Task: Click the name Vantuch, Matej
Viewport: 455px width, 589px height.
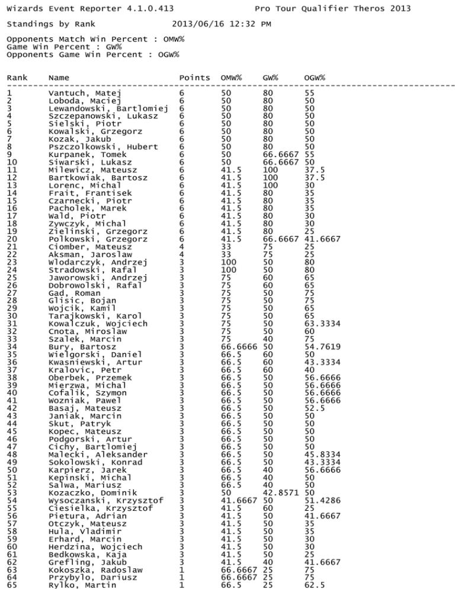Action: [85, 93]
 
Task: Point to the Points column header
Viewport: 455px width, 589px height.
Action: [194, 78]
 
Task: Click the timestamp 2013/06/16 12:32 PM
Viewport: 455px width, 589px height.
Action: [221, 24]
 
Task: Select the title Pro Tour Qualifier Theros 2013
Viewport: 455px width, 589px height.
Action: [332, 8]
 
